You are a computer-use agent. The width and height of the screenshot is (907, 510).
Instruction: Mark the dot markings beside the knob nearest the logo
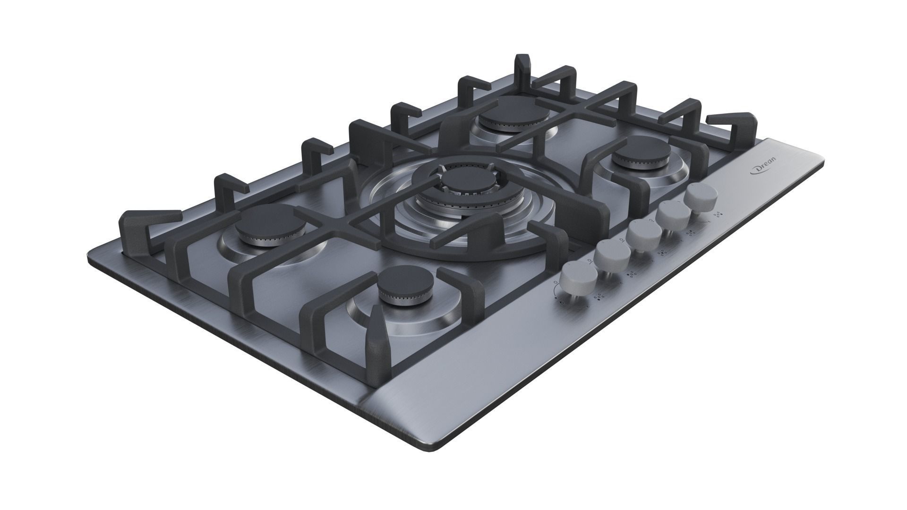coord(718,214)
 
